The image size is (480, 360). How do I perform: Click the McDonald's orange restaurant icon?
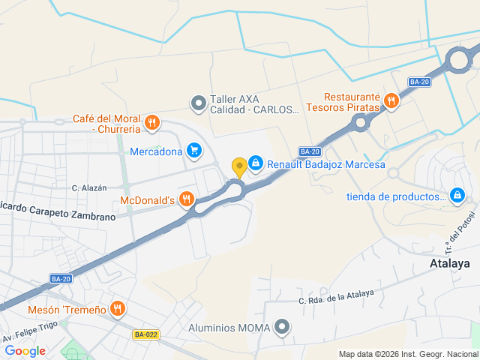(187, 199)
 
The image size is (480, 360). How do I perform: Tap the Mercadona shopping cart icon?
(194, 151)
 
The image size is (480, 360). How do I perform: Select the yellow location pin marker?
(239, 167)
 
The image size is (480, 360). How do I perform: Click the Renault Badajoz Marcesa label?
(326, 164)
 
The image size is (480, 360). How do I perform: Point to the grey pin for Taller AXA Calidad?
(198, 103)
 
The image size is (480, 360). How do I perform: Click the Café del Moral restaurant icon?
(151, 123)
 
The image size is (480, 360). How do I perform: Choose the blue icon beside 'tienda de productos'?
(457, 196)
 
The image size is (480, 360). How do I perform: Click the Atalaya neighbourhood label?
(450, 264)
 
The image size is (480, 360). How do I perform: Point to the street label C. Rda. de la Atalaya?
(335, 297)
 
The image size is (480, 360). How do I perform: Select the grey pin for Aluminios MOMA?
(282, 326)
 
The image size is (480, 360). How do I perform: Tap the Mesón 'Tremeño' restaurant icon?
(117, 309)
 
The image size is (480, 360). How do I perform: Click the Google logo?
(25, 350)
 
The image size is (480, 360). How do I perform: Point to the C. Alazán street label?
(89, 187)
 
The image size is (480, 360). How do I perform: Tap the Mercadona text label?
(156, 151)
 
